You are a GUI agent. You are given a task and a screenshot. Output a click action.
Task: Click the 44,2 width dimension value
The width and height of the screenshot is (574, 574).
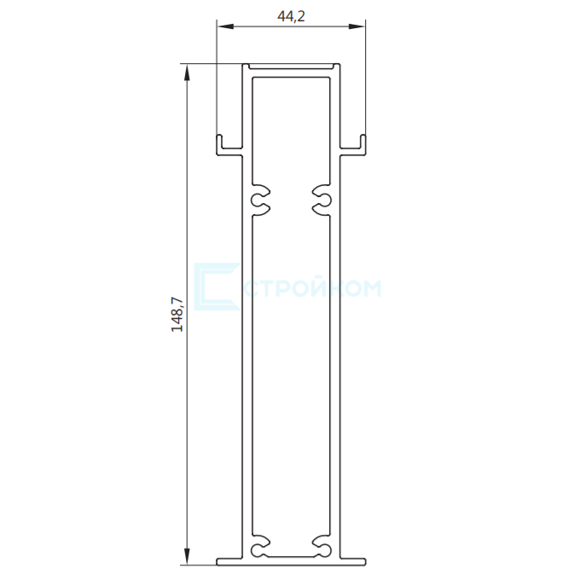tap(291, 16)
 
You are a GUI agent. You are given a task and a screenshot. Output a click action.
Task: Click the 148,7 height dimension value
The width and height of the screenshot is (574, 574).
tap(177, 315)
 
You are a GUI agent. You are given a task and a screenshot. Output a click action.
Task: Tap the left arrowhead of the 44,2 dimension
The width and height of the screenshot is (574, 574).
tap(225, 26)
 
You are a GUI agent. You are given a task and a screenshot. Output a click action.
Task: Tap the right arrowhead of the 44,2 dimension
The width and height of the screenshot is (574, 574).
tap(357, 26)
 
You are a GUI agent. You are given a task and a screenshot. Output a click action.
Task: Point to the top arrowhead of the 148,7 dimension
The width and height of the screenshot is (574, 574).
tap(187, 72)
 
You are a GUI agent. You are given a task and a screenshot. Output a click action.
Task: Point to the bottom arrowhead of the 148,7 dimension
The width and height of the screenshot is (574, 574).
tap(187, 557)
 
